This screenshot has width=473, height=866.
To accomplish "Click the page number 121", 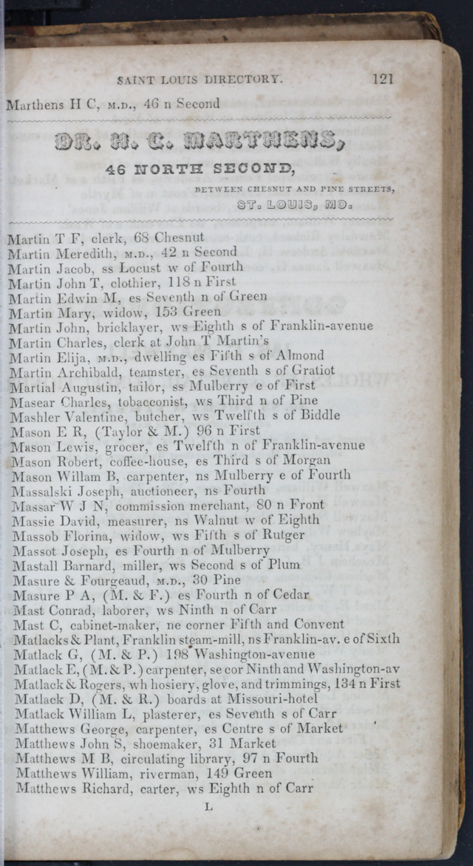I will point(383,78).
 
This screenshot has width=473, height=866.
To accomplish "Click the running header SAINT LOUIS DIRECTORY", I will point(200,79).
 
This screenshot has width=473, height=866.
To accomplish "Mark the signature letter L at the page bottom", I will point(208,807).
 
